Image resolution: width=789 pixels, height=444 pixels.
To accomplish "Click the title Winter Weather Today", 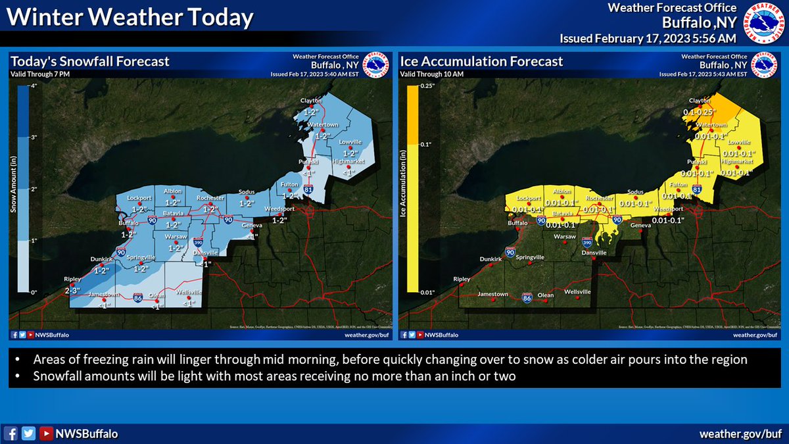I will (x=130, y=18).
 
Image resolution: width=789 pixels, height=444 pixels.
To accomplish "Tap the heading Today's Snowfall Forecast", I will (x=90, y=62).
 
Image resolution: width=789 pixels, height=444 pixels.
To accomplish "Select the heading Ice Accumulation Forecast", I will (x=482, y=62).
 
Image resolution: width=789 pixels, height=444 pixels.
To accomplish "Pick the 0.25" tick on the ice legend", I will (x=424, y=86).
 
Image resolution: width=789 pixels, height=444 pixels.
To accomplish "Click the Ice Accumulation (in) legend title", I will (x=404, y=189).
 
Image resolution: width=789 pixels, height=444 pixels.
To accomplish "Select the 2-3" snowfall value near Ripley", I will (x=73, y=291).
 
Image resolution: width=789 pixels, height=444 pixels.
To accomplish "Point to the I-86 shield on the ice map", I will (x=527, y=298).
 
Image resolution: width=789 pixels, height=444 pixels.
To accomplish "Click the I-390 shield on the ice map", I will (x=587, y=243).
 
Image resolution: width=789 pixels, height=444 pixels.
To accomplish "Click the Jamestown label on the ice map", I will (x=493, y=294).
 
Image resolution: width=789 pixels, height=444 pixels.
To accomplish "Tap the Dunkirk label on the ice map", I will (x=491, y=259).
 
